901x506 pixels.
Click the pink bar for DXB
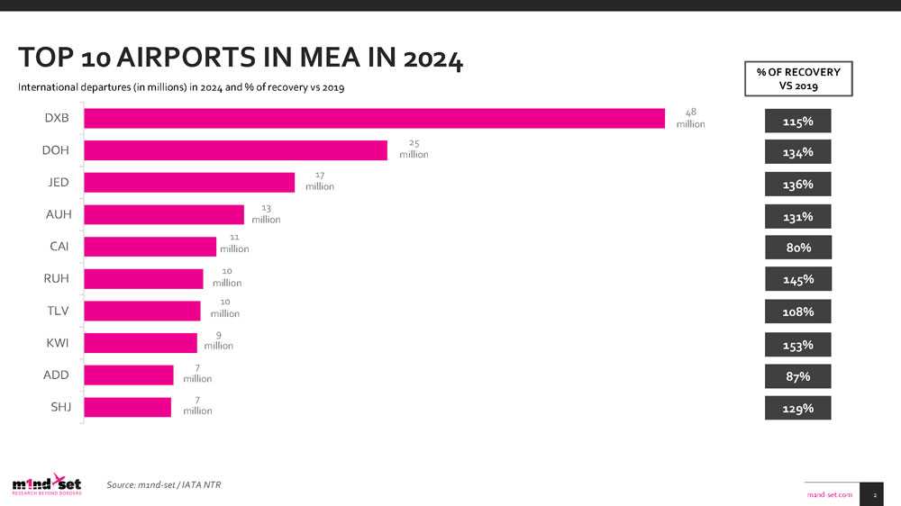pos(374,118)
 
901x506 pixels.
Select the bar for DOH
pos(235,150)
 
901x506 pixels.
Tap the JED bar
pos(189,182)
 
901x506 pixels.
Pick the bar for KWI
pos(140,343)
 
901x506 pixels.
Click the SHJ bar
pos(127,407)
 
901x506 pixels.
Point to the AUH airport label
pos(57,214)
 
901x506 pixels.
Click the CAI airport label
pos(59,247)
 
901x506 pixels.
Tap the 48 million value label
pos(691,118)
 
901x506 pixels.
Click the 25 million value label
pos(414,149)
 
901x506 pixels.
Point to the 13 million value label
pos(266,213)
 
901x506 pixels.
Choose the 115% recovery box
pos(797,121)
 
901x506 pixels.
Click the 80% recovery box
pos(797,248)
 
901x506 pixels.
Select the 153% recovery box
pos(797,344)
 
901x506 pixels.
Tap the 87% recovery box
pos(797,375)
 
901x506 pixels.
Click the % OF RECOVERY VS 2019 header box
pos(797,78)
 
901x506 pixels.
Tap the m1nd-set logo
pos(47,484)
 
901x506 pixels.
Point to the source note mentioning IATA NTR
pos(163,485)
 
